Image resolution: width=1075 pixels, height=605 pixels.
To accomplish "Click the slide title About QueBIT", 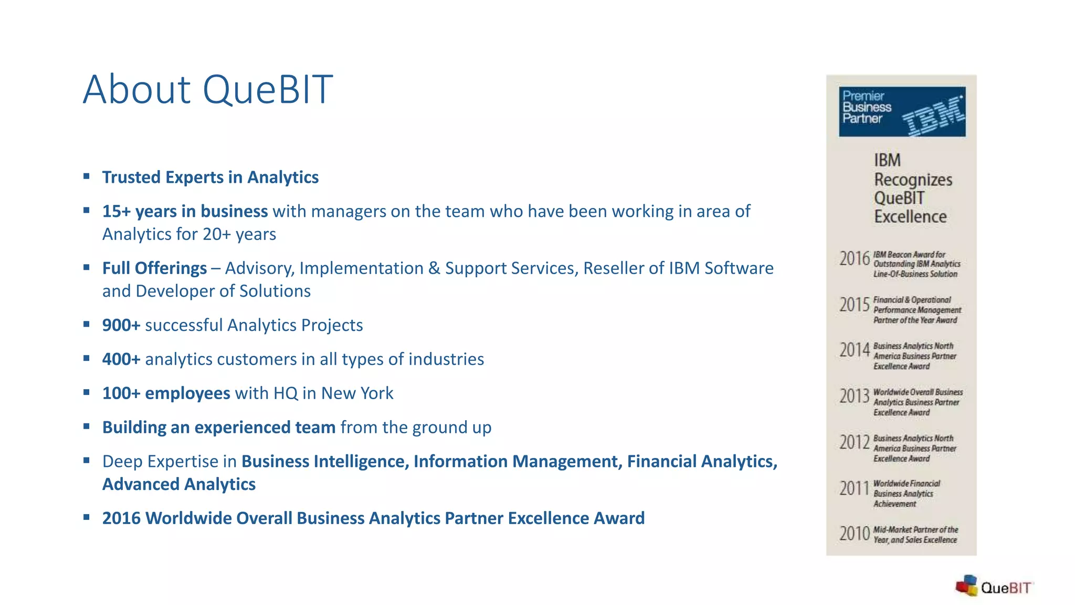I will click(x=208, y=90).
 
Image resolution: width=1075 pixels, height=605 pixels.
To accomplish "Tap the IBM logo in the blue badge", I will click(x=933, y=115).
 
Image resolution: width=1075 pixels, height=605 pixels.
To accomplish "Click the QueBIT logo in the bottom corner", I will click(x=994, y=587).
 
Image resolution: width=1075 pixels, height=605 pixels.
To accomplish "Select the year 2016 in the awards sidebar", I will click(x=855, y=259).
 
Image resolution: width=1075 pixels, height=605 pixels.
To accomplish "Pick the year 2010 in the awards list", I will click(x=855, y=534).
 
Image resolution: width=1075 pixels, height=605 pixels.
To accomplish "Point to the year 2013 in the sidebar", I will click(x=855, y=396).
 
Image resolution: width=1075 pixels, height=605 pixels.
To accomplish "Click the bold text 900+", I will click(x=121, y=325).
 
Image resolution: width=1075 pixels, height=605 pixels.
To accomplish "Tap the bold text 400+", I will click(x=121, y=359).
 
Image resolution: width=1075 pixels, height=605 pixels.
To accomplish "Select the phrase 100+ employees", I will click(x=166, y=393).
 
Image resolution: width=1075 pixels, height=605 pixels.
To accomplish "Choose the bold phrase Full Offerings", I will click(x=154, y=268).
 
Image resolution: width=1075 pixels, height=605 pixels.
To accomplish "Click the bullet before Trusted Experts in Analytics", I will click(x=87, y=176).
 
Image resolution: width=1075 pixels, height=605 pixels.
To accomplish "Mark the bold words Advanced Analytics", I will click(x=179, y=484).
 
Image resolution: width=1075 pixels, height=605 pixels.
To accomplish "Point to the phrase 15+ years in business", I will click(x=185, y=211).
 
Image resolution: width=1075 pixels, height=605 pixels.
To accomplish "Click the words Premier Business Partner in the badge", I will click(x=866, y=107).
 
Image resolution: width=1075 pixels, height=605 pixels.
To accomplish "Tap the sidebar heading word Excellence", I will click(x=910, y=217).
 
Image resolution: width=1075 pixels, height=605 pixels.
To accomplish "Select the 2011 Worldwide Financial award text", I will click(x=906, y=494).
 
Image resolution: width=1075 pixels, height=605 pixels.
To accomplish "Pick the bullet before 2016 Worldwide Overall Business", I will click(x=87, y=517).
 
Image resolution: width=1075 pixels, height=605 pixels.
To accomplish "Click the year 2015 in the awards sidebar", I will click(x=855, y=305).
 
